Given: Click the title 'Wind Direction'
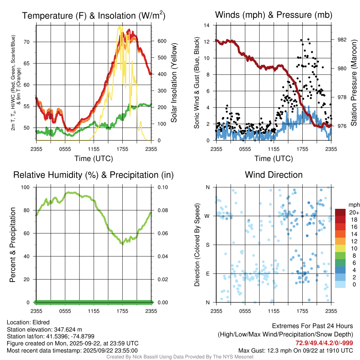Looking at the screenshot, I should tap(274, 175).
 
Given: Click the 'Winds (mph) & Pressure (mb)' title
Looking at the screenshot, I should tap(274, 15).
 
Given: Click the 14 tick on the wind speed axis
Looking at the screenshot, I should tap(207, 25).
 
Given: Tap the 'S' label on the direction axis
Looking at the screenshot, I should tap(208, 245).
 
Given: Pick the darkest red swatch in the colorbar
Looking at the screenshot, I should tap(341, 213).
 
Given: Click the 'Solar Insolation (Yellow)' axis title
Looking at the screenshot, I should tap(174, 83).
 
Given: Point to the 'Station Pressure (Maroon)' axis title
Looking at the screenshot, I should tap(354, 83).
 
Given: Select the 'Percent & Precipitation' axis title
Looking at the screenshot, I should tap(13, 245).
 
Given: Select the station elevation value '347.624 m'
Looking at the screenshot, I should tap(68, 329).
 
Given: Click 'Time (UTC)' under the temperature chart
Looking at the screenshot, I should tap(94, 159).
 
